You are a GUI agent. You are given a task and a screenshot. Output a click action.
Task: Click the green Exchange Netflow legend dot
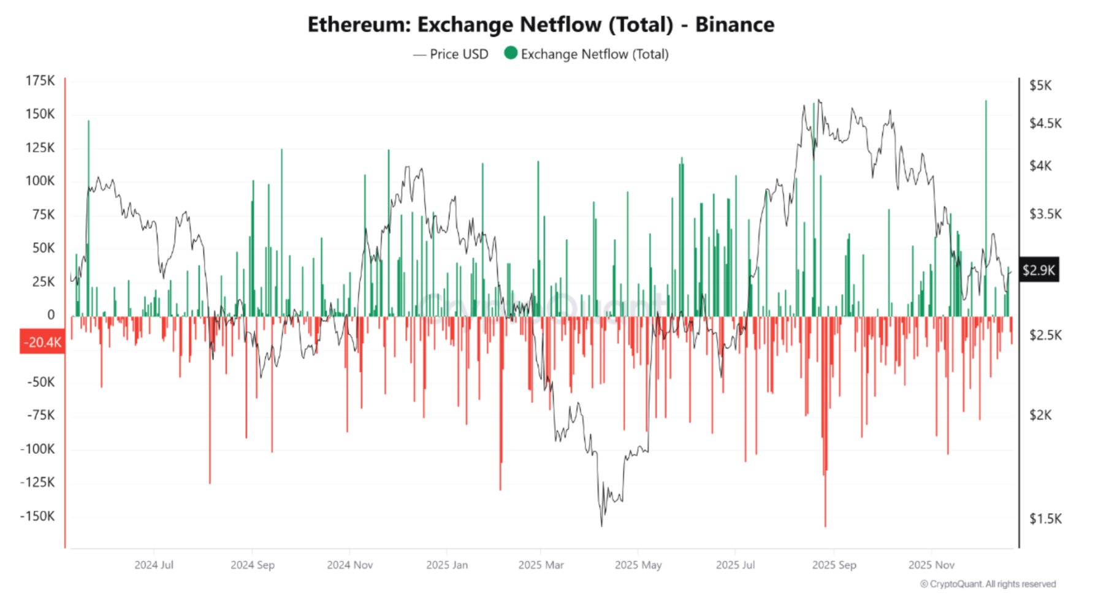[510, 53]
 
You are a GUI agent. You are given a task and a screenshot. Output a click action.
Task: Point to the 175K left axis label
[40, 81]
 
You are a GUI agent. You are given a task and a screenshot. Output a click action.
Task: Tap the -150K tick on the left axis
[37, 516]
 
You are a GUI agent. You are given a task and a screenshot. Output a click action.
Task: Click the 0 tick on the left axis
[51, 315]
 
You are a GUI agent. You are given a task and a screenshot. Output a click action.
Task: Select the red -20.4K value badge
[42, 342]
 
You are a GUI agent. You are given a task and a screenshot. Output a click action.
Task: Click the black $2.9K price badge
[1038, 270]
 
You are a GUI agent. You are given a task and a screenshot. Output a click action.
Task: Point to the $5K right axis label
[1040, 85]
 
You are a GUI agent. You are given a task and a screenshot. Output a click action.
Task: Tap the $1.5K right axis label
[1045, 519]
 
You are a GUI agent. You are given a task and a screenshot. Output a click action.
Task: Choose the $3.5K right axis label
[1045, 214]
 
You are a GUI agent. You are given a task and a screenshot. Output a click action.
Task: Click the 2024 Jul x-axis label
[154, 565]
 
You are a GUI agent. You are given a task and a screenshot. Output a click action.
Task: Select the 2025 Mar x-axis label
[541, 565]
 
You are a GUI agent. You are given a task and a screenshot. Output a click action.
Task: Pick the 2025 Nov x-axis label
[931, 565]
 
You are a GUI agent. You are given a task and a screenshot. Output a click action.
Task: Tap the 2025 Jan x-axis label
[447, 565]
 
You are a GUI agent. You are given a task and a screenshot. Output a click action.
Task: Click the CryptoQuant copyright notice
[988, 584]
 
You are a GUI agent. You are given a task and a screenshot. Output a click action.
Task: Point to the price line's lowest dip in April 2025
[601, 525]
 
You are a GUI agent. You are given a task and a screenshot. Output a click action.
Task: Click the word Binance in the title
[734, 25]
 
